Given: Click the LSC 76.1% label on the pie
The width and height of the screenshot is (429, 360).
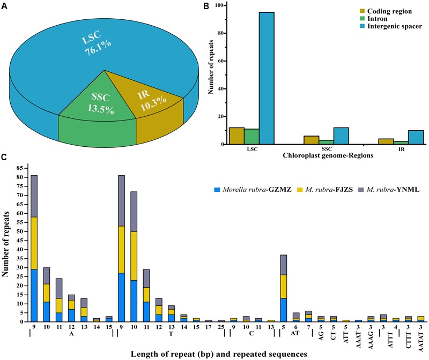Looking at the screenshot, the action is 97,44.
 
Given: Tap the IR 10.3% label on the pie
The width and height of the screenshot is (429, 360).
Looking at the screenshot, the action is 152,101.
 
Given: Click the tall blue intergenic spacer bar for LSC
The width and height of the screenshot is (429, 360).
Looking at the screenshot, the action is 267,78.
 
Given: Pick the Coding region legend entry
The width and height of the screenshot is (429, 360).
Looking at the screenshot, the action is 386,11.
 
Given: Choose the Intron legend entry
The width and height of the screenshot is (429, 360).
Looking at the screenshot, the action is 373,19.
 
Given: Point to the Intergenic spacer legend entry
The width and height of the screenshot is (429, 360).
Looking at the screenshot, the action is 391,26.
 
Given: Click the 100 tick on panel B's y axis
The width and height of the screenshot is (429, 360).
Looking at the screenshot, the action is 219,5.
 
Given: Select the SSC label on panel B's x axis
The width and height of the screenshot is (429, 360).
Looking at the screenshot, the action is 327,149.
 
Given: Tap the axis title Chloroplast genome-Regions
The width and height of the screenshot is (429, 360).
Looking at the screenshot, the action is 328,155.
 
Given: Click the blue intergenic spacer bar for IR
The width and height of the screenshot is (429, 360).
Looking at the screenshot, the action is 416,137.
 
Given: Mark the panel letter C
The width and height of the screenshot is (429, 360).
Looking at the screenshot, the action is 4,157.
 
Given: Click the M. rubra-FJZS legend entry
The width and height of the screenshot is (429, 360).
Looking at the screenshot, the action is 325,190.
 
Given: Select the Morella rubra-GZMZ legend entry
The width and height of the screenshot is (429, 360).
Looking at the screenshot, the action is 253,190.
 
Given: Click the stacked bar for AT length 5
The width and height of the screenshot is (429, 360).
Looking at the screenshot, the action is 284,288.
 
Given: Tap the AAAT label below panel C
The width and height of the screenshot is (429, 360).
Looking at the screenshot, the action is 358,340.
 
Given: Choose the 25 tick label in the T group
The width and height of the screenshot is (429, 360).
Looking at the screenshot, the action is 221,327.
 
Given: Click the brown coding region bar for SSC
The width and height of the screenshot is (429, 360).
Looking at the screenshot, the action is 312,140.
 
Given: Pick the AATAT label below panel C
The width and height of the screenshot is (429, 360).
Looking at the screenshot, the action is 421,342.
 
